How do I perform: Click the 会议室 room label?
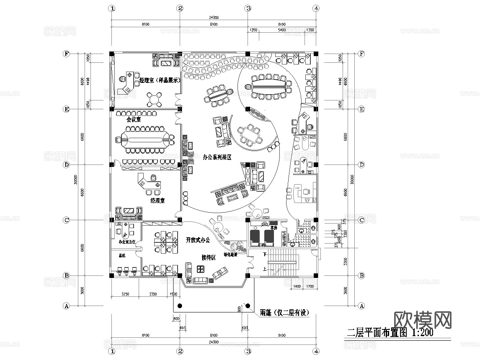click(x=134, y=119)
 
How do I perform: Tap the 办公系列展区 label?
click(x=217, y=157)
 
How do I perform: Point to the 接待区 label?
click(x=208, y=257)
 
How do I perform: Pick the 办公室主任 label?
click(x=126, y=242)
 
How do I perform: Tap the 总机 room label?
click(x=122, y=255)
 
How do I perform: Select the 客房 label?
click(x=274, y=228)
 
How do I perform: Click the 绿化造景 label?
click(x=230, y=254)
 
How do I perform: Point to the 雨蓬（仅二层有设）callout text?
click(x=284, y=312)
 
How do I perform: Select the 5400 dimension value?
click(x=282, y=30)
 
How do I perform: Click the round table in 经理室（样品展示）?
click(x=155, y=99)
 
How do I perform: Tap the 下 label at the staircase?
click(x=264, y=254)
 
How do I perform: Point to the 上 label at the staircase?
click(x=264, y=270)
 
